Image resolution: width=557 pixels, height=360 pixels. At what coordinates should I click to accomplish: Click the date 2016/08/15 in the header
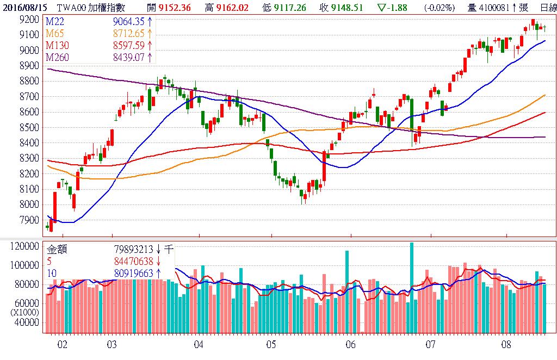tap(25, 7)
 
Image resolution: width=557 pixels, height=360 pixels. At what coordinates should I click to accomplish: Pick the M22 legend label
tap(54, 21)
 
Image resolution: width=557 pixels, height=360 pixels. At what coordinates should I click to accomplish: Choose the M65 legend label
tap(54, 33)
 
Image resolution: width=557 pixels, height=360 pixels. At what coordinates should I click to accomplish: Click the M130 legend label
tap(57, 45)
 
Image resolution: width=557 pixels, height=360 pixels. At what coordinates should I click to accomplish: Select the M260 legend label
tap(57, 57)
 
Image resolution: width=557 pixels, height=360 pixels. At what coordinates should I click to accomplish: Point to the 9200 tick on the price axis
tap(28, 19)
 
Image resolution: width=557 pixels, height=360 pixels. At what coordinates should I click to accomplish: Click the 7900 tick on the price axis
tap(28, 220)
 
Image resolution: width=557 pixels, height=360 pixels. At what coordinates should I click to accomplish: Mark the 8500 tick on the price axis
tap(28, 127)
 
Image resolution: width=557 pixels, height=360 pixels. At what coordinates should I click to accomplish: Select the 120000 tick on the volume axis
tap(24, 246)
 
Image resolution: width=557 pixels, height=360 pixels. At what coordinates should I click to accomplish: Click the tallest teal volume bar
tap(412, 288)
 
